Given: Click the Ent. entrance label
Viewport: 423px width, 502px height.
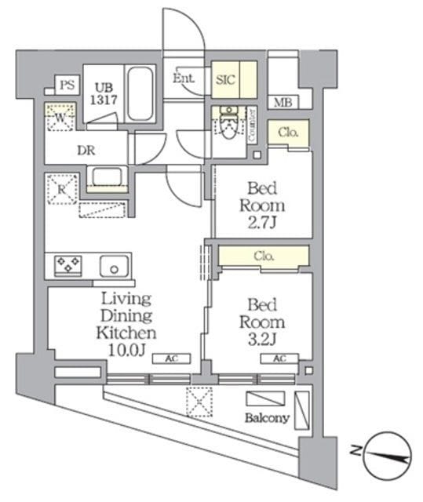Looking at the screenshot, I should [x=184, y=78].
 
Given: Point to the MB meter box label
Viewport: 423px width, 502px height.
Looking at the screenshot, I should [x=283, y=102].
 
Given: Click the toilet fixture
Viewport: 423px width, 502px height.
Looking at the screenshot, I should [x=228, y=126].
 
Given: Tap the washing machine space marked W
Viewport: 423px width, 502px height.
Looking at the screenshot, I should [x=60, y=118].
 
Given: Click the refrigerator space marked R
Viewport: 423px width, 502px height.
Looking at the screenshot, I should [x=60, y=187].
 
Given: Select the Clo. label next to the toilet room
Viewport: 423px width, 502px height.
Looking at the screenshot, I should [x=288, y=133].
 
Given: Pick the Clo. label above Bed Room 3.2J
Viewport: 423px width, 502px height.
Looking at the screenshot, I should [x=263, y=255].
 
